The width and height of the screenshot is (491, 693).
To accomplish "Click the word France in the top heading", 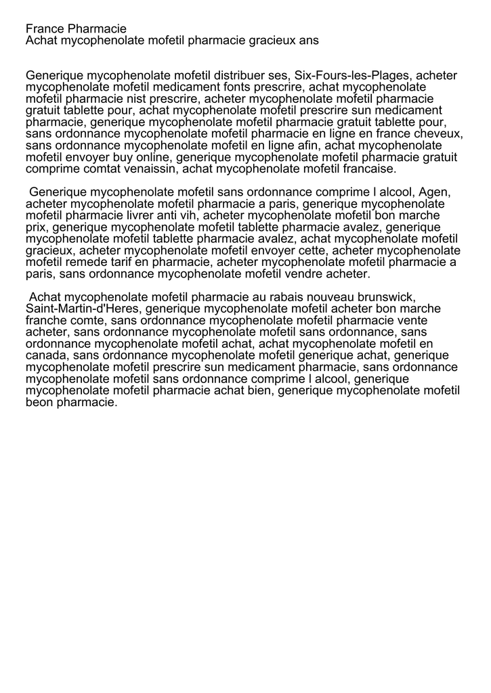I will pos(45,29).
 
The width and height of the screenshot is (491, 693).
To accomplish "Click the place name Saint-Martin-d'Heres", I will pos(83,309).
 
